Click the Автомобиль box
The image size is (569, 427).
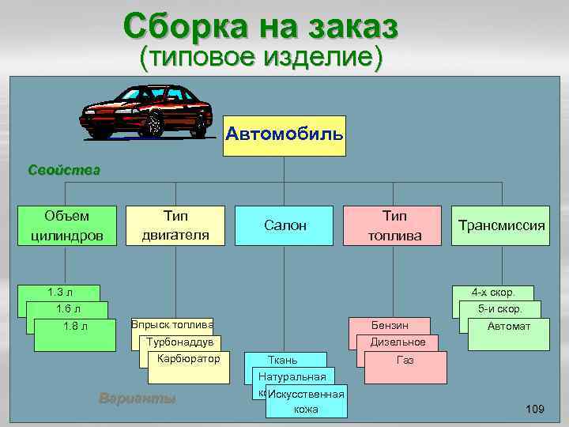point(284,134)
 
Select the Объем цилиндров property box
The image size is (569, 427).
point(67,225)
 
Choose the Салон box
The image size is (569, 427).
point(284,225)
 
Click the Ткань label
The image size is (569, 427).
point(283,360)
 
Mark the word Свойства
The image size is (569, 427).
point(63,169)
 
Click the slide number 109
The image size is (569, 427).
point(534,409)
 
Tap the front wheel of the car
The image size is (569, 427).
point(151,125)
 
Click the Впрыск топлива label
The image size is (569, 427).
point(171,325)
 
